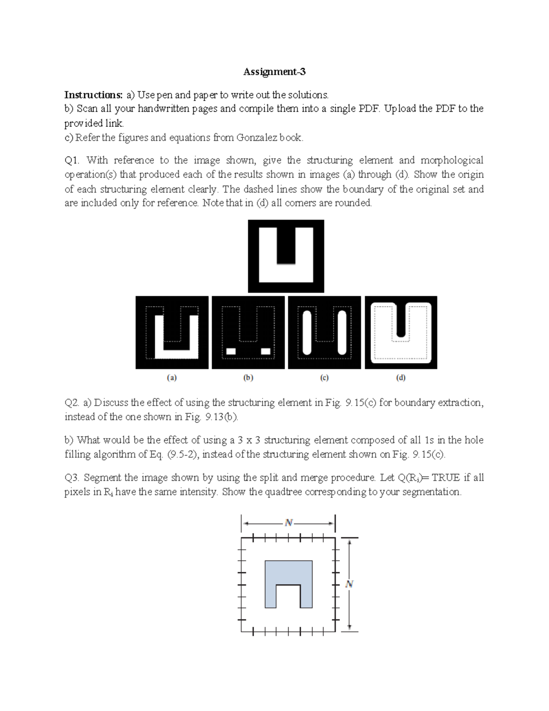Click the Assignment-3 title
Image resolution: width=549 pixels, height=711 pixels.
[x=274, y=72]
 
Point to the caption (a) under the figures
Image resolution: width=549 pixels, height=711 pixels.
[x=171, y=378]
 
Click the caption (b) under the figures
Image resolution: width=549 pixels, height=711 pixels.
[x=248, y=378]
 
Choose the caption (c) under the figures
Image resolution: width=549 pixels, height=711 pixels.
[x=324, y=378]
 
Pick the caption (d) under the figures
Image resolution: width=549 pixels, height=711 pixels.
[x=401, y=378]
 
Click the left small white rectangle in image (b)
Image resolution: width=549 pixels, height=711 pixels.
[x=231, y=351]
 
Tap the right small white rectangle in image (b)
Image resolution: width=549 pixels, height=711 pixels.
[x=265, y=351]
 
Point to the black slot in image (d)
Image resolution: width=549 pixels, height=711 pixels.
[x=401, y=320]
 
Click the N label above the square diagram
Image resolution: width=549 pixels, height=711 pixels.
[x=288, y=523]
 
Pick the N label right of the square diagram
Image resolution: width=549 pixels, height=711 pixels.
[x=350, y=584]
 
